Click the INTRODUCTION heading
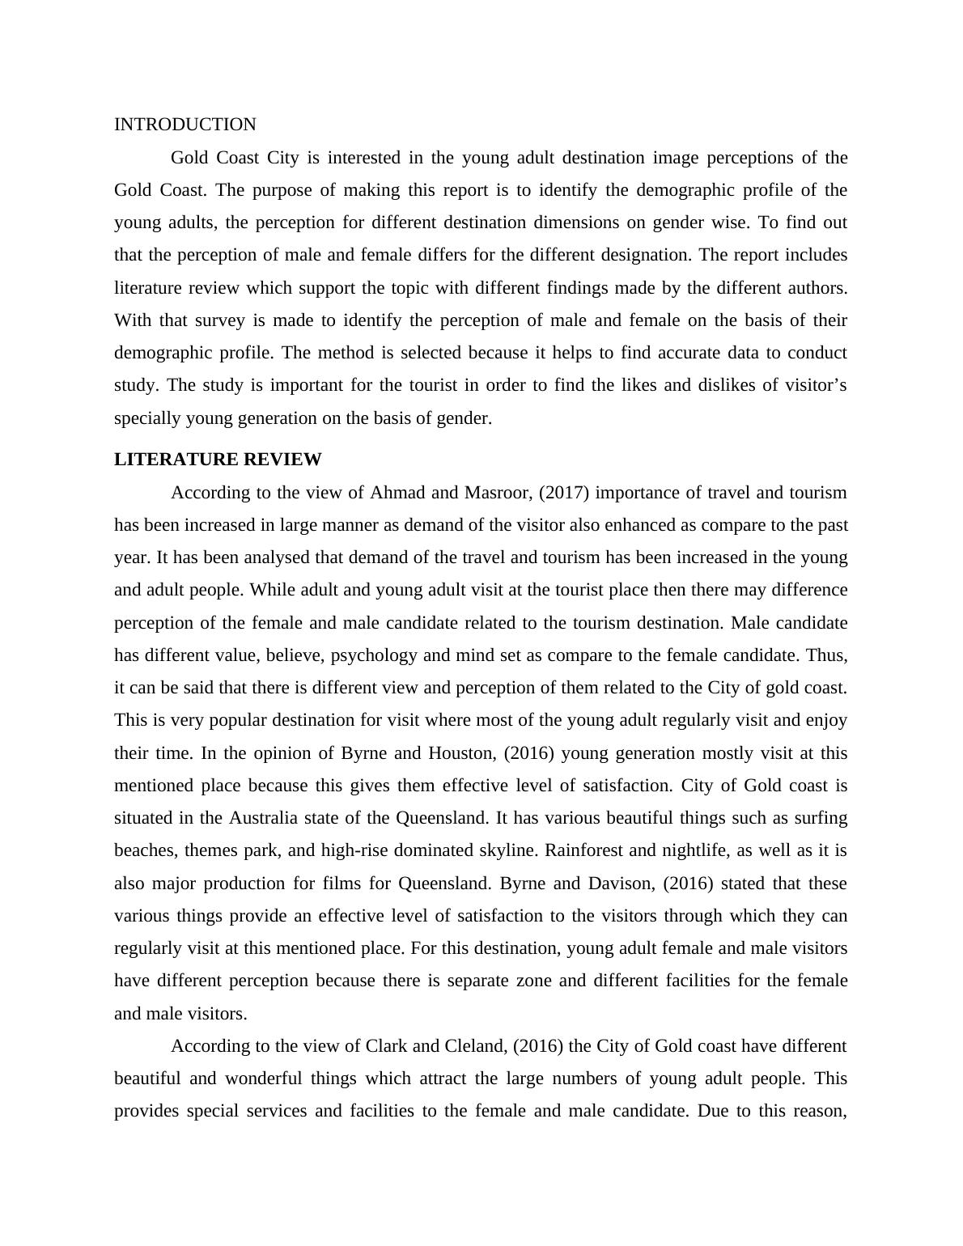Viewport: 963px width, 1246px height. pos(185,125)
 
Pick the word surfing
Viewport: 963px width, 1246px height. pos(818,818)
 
